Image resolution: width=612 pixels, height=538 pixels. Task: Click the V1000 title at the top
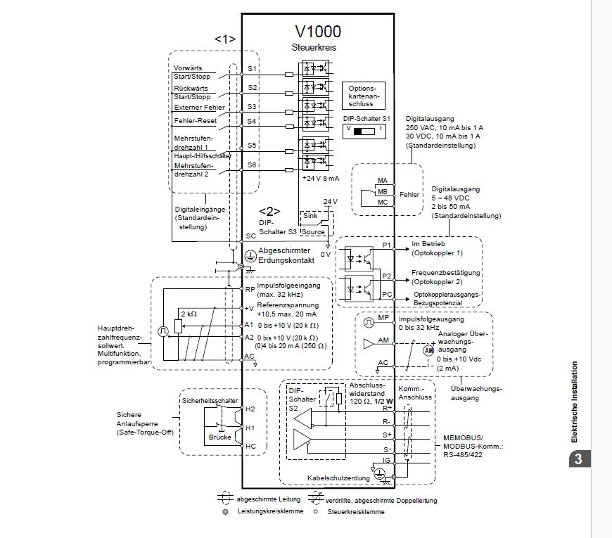click(318, 31)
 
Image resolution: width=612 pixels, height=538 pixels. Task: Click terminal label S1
click(252, 69)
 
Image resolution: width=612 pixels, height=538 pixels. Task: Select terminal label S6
click(252, 165)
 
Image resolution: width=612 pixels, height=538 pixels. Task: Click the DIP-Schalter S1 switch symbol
click(363, 131)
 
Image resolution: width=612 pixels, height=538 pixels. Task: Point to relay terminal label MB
click(383, 191)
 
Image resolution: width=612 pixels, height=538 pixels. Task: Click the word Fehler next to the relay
click(409, 193)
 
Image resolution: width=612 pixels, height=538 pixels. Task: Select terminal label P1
click(385, 245)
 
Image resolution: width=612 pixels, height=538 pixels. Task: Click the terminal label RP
click(250, 289)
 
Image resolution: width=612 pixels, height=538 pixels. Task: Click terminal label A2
click(249, 337)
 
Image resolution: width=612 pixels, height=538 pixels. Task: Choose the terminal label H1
click(250, 427)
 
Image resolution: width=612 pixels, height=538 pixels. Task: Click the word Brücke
click(219, 437)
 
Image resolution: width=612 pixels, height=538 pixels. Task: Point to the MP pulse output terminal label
click(383, 317)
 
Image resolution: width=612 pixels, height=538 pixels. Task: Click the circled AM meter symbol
click(429, 350)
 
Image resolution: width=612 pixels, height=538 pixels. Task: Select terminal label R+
click(386, 407)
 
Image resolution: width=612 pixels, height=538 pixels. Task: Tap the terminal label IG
click(386, 460)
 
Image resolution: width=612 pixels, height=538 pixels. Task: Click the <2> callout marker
click(269, 210)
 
